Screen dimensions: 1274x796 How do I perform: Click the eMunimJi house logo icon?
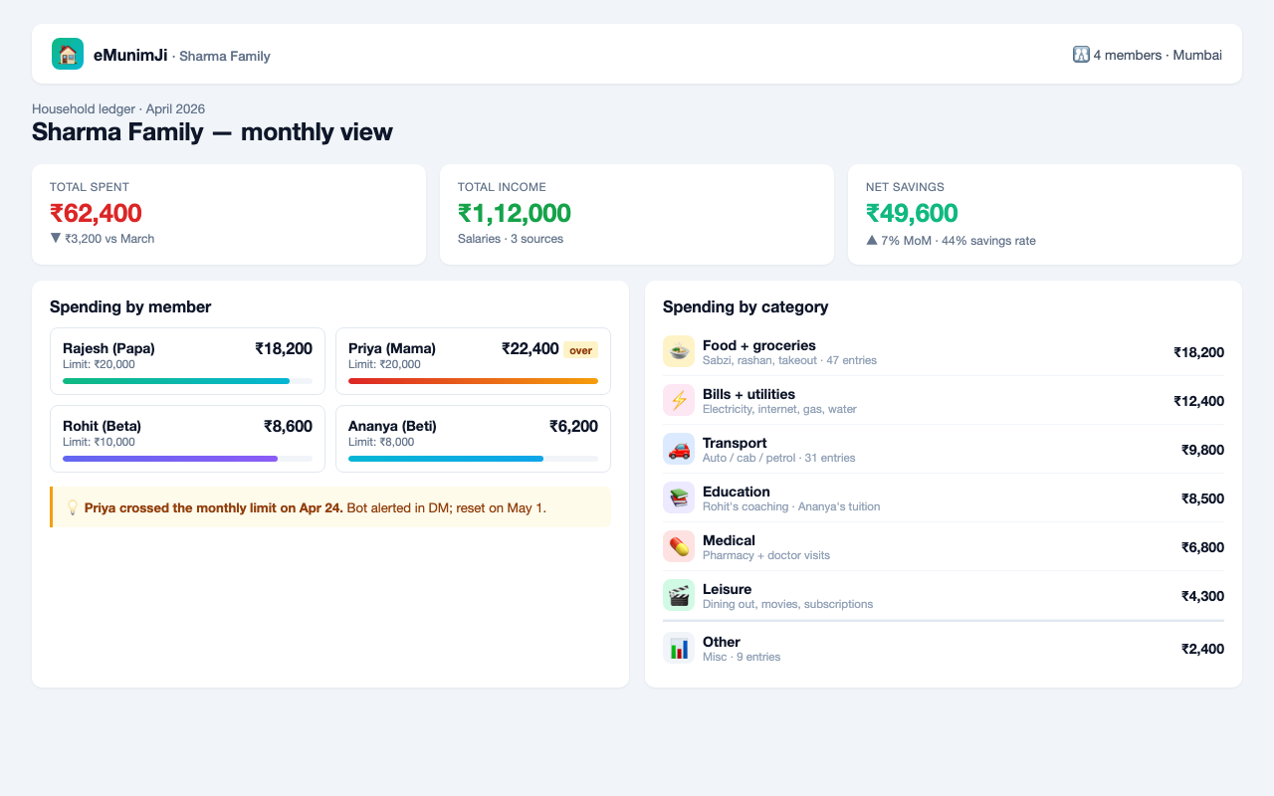point(68,54)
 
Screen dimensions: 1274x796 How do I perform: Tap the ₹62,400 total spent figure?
point(96,213)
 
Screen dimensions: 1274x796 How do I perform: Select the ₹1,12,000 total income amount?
point(515,213)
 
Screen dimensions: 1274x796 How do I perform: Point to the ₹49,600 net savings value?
point(912,213)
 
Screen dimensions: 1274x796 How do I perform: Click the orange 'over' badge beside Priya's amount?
point(580,350)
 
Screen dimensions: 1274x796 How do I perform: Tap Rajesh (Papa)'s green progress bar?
point(176,381)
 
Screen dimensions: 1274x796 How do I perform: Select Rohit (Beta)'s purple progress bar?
point(170,459)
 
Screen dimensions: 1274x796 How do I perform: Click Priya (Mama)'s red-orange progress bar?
point(473,381)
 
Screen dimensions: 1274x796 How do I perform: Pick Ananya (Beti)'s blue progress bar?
point(446,459)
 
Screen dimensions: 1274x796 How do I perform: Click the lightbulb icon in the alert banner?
point(73,507)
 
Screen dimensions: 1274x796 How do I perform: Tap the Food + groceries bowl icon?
point(679,351)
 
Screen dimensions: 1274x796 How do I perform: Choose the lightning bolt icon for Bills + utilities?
point(679,400)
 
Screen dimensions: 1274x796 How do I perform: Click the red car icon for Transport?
point(679,449)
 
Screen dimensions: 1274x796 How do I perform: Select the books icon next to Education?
point(679,498)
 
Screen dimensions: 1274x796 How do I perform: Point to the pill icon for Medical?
point(679,546)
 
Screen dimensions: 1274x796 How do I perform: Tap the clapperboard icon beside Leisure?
point(679,595)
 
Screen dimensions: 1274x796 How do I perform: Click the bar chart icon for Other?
point(679,648)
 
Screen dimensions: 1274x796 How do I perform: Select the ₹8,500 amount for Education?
point(1202,498)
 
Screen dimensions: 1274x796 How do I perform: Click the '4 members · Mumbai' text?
point(1158,55)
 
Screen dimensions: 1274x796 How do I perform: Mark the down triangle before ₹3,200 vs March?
point(55,238)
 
